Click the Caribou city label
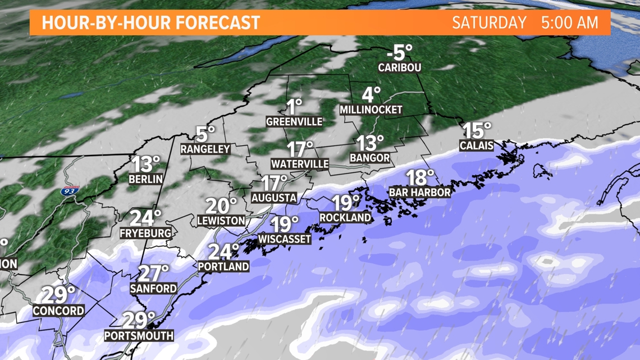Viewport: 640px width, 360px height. (x=400, y=67)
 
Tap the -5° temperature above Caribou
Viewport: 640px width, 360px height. (x=399, y=53)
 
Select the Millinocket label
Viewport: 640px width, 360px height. (x=371, y=110)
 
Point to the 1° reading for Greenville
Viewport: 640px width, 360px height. (x=294, y=106)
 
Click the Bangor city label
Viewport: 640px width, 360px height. (x=369, y=158)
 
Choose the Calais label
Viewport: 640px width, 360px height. (x=477, y=146)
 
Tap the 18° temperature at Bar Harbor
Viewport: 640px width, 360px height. (x=420, y=178)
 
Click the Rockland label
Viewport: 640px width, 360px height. (x=345, y=217)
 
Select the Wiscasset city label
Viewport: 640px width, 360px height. (x=285, y=239)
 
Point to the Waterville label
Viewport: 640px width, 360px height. (x=300, y=164)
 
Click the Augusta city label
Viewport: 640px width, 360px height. (x=273, y=198)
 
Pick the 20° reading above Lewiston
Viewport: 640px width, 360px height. (x=221, y=206)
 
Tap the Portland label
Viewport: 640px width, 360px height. (x=223, y=266)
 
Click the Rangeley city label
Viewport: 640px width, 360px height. (x=205, y=149)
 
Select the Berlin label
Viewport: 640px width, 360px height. (x=145, y=179)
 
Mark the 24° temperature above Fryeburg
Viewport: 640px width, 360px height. (x=145, y=218)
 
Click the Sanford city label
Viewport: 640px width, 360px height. (x=153, y=288)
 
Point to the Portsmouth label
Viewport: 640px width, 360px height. (x=139, y=336)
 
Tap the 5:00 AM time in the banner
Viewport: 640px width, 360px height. (x=569, y=23)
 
